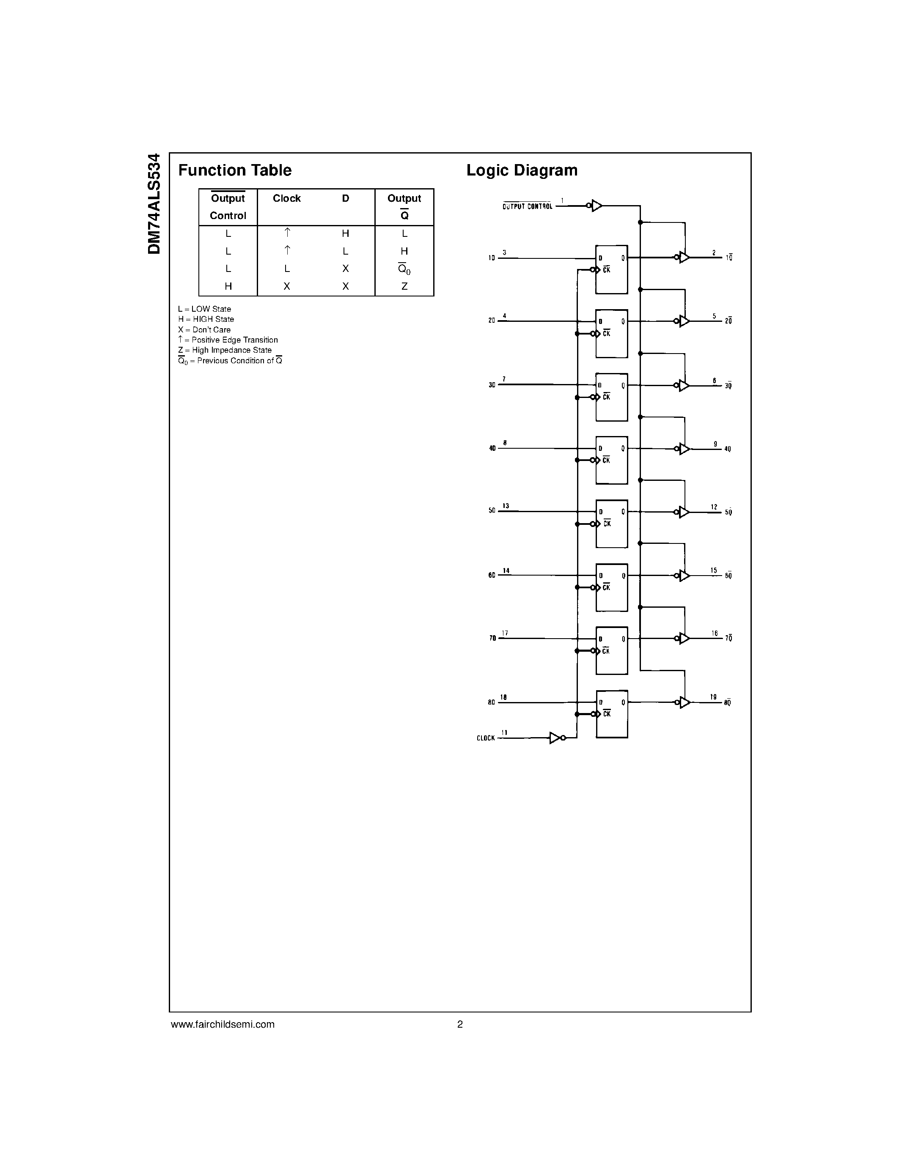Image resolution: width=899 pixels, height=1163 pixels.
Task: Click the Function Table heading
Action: pos(235,170)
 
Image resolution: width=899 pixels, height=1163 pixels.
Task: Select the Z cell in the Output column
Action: pos(404,286)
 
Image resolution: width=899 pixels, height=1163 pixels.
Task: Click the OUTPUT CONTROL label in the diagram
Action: pos(527,207)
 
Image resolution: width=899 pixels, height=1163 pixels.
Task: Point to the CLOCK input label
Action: pos(486,738)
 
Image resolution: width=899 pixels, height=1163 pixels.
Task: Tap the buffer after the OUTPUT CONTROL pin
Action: pos(596,205)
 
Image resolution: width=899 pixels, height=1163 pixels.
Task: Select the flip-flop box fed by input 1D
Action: pos(611,269)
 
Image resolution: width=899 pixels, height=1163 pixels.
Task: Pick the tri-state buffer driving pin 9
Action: pos(684,449)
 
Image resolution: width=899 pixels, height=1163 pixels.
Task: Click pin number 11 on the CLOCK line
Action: pos(504,733)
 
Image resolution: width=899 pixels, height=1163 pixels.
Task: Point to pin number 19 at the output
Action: pos(713,697)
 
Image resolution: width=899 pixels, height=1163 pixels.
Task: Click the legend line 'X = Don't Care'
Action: pos(204,329)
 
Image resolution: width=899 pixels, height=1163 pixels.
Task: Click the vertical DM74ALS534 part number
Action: pos(154,203)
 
